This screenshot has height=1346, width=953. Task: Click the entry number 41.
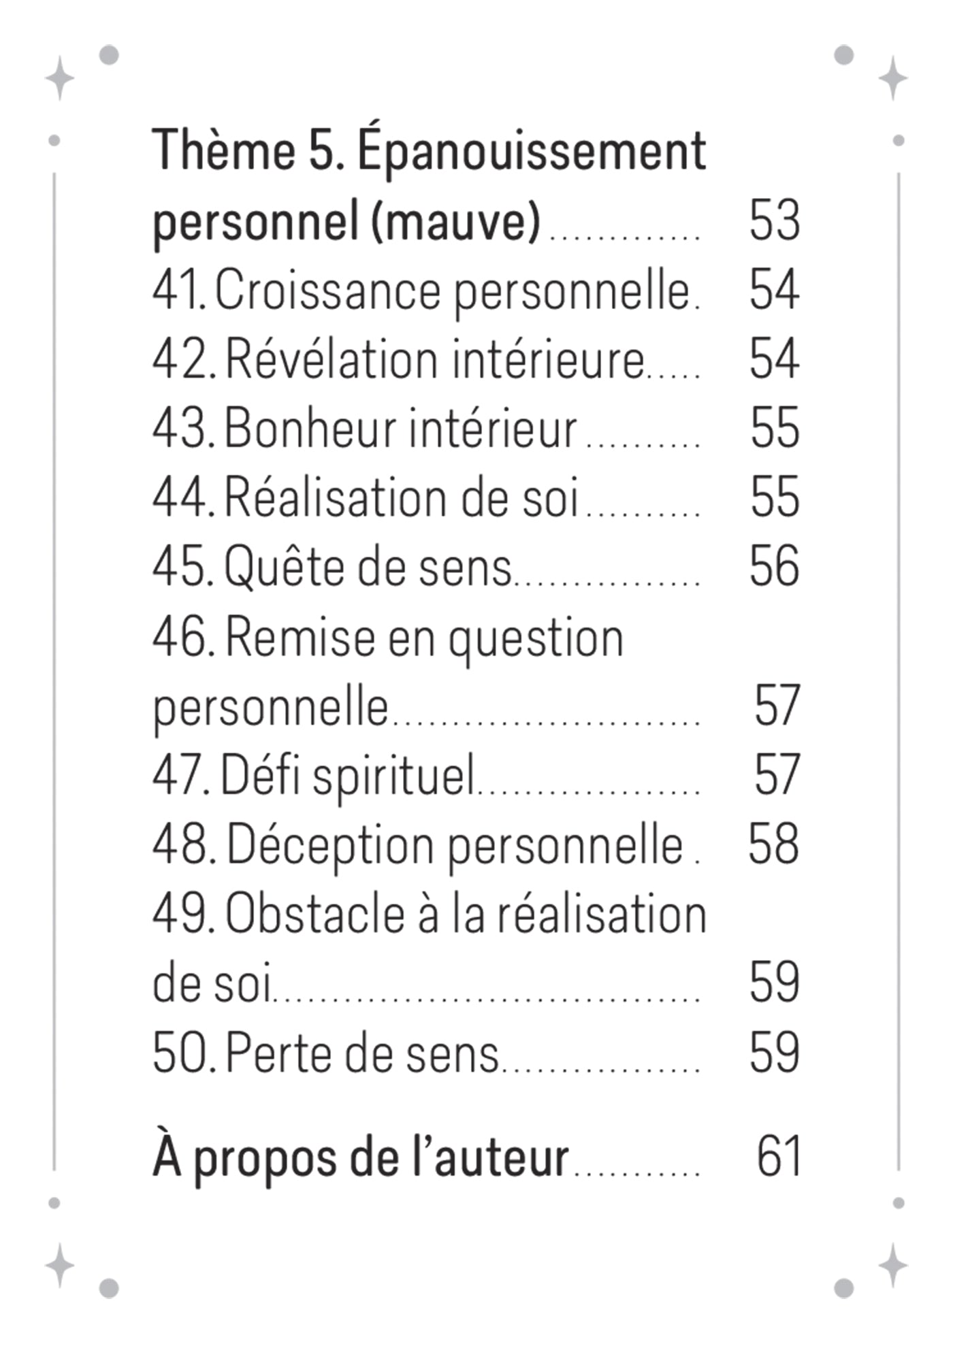178,291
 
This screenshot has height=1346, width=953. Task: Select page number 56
774,567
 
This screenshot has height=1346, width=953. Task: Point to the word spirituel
393,776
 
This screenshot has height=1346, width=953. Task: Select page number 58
773,844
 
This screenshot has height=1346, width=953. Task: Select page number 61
778,1157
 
